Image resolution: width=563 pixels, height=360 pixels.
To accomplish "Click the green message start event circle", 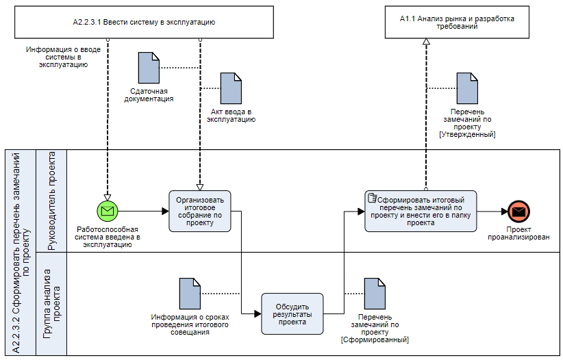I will point(108,211).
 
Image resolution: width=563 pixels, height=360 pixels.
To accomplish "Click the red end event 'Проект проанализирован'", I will point(518,211).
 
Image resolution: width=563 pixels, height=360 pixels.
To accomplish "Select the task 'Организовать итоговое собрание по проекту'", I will point(200,211).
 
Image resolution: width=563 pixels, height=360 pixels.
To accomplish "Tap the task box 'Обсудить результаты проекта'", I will point(292,313).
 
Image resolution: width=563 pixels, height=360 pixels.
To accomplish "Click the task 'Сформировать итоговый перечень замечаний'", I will point(421,211).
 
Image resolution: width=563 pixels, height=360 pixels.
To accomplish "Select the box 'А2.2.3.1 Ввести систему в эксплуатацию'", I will point(144,23).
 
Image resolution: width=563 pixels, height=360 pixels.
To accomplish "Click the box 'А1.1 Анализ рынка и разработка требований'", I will point(457,23).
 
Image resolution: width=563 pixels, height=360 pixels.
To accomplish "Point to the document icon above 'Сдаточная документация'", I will point(148,68).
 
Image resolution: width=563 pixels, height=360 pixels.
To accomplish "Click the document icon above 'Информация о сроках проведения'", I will point(189,294).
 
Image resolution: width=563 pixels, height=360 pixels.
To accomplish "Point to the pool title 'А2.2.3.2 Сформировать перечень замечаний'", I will point(21,252).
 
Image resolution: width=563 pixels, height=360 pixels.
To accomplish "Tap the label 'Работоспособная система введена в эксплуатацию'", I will point(108,237).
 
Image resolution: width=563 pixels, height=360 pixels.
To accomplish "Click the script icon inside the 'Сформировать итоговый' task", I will point(373,198).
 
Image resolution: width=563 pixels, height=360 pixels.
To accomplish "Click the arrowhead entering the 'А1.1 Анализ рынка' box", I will point(426,42).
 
